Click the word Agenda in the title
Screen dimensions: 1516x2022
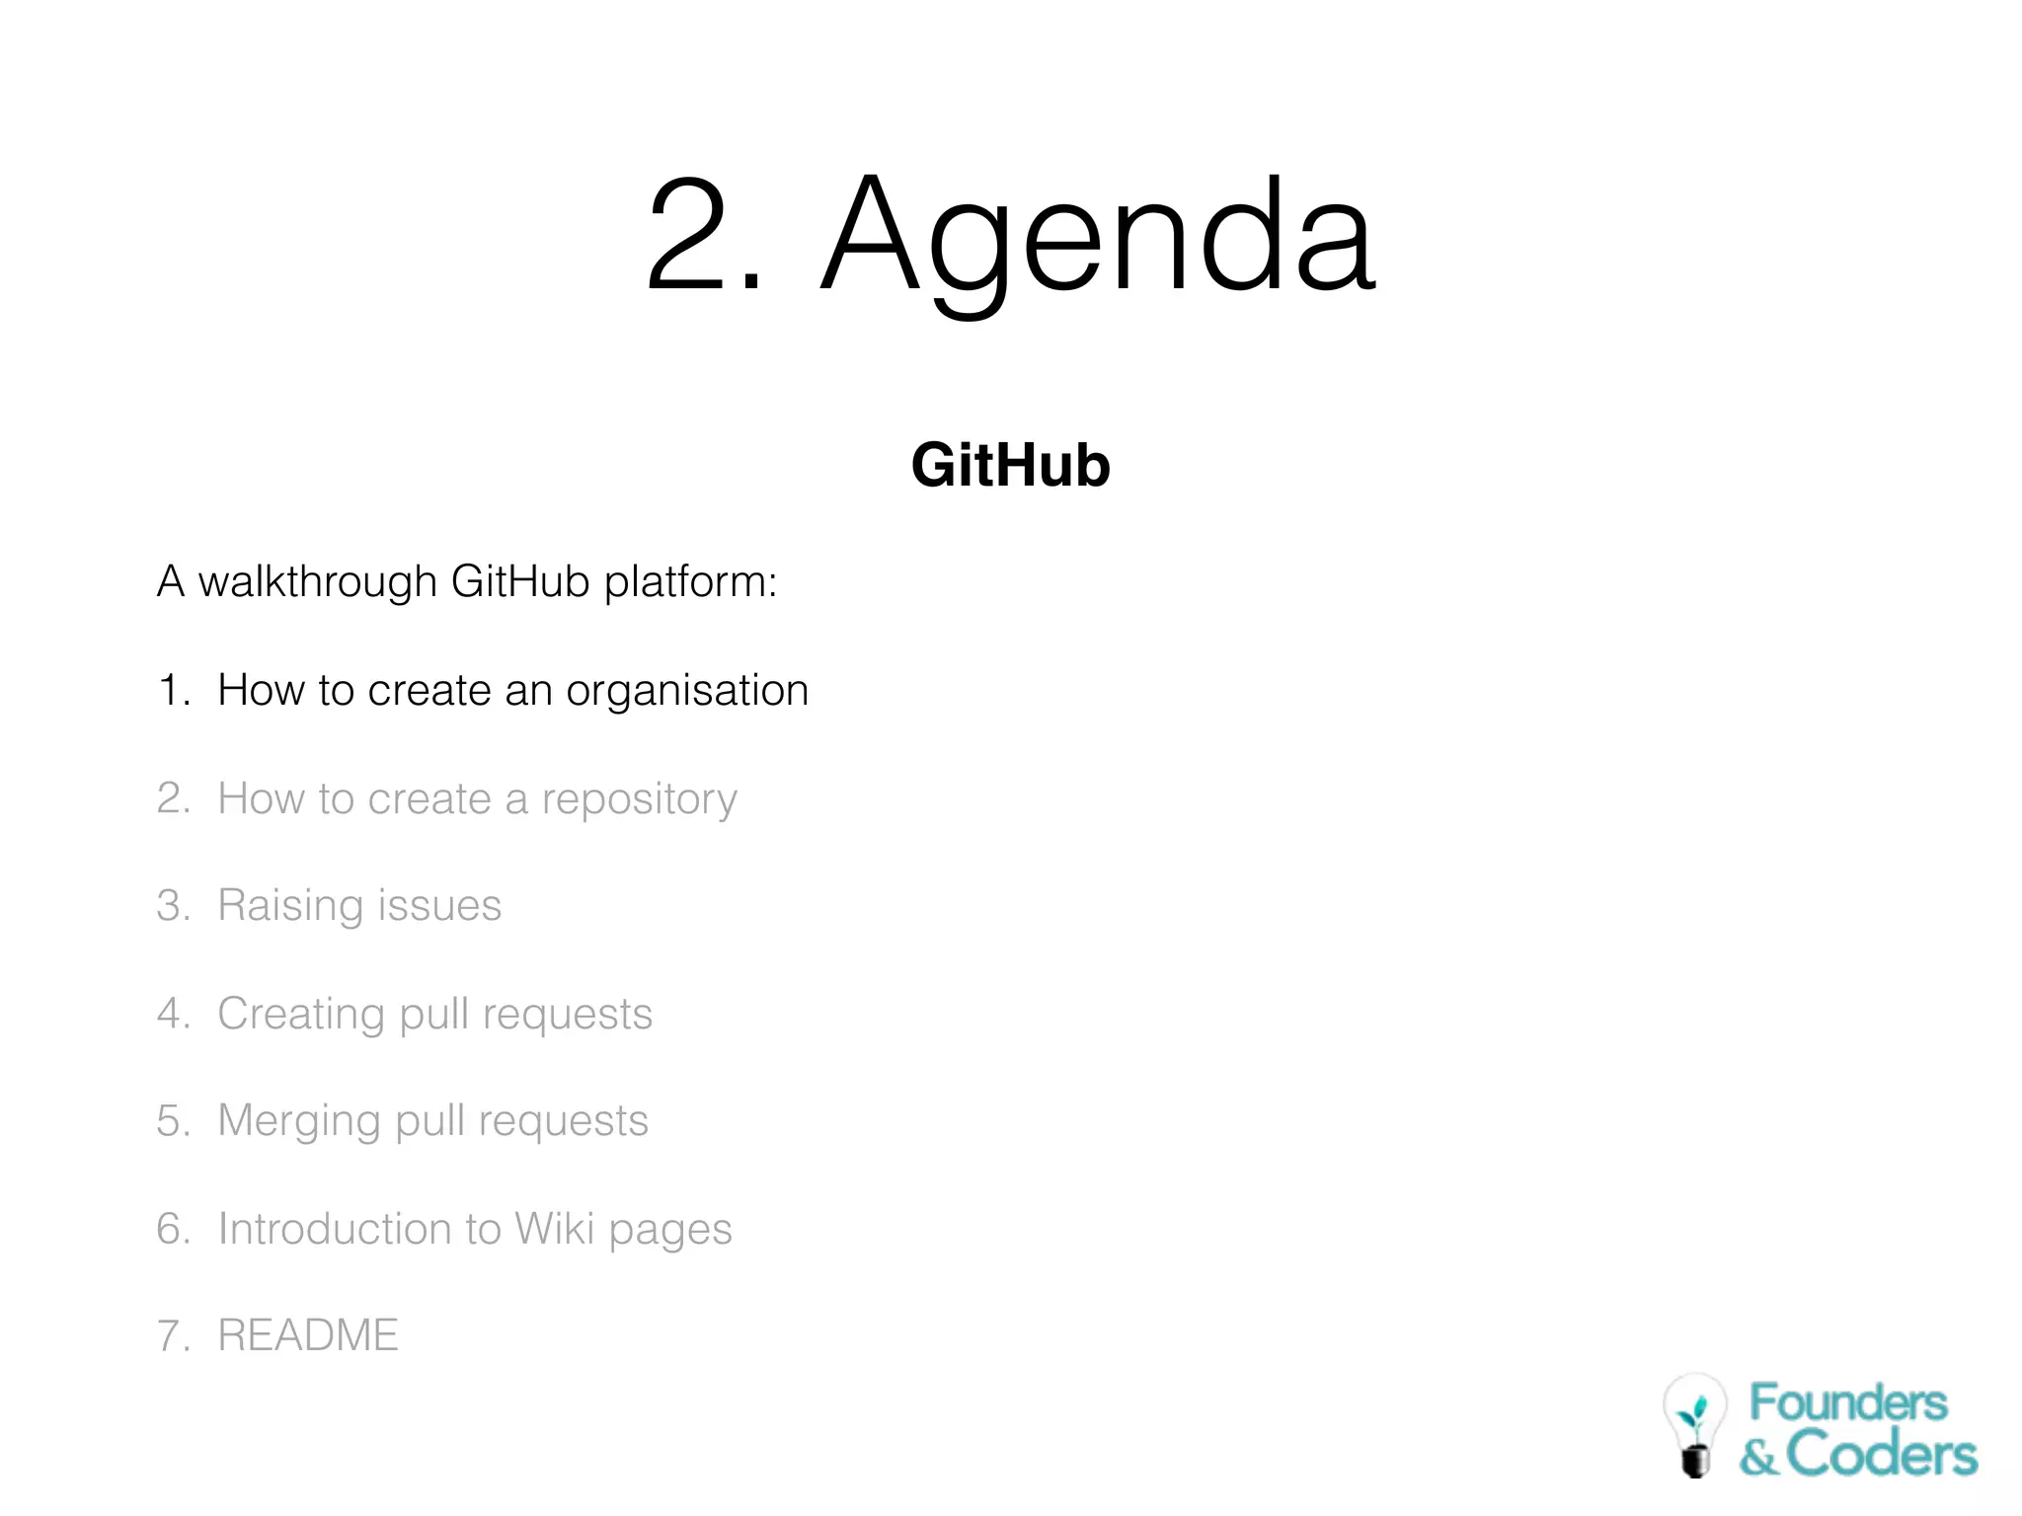(x=1098, y=237)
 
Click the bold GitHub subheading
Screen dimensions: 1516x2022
(x=1010, y=465)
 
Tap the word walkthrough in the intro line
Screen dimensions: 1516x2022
(x=317, y=581)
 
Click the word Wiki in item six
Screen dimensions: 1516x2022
(x=554, y=1229)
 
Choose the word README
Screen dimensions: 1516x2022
(x=308, y=1335)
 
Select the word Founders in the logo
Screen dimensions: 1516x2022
(x=1848, y=1402)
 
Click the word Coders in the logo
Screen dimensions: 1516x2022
(x=1881, y=1455)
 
